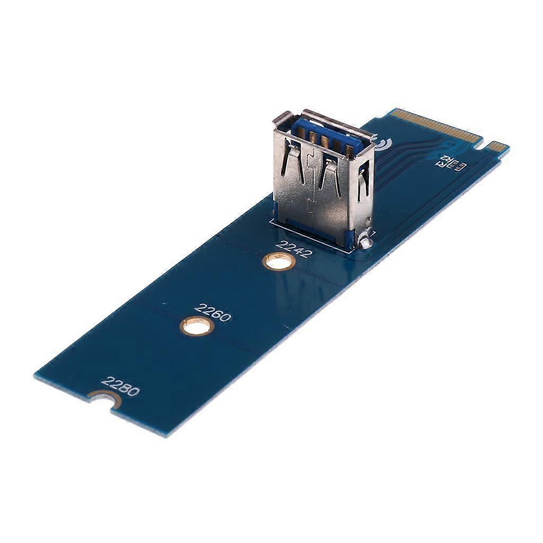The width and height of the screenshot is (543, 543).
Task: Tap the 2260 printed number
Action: [213, 312]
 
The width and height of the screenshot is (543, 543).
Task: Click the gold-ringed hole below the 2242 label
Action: [279, 261]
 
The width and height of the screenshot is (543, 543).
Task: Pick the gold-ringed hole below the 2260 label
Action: [197, 326]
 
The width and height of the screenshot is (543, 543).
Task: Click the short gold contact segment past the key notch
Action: [497, 146]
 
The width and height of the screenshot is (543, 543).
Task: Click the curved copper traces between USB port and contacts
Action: [403, 159]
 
